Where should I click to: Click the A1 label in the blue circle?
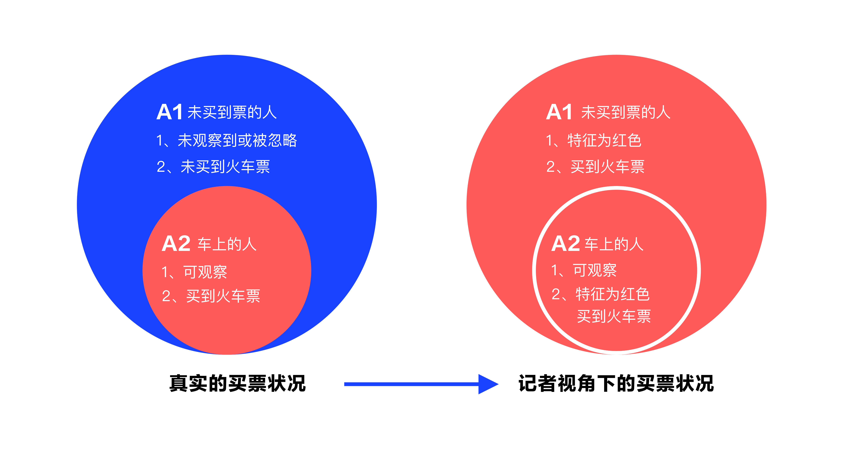coord(169,112)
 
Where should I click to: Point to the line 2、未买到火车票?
coord(213,167)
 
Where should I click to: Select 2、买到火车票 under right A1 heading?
coord(595,167)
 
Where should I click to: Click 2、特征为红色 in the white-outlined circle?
coord(600,294)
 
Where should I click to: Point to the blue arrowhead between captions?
coord(488,384)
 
